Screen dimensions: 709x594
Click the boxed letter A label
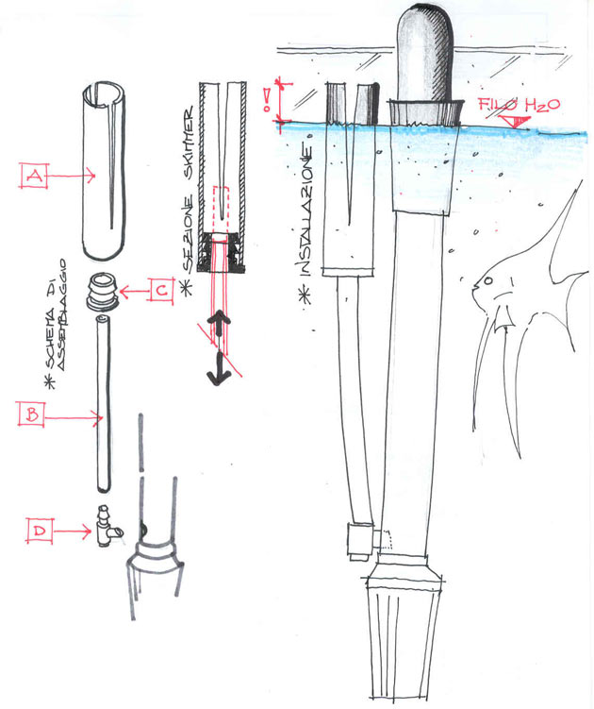point(34,175)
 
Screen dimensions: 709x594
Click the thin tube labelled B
point(101,406)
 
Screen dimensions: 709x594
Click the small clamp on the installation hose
point(359,540)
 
